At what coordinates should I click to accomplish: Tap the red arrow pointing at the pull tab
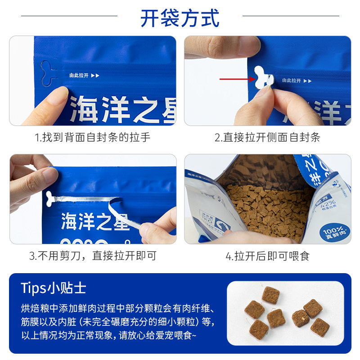237,79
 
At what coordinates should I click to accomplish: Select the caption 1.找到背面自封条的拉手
93,137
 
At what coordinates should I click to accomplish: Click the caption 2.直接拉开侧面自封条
267,137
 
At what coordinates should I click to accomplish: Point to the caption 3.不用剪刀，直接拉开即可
93,256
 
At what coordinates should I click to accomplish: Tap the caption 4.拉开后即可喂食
267,256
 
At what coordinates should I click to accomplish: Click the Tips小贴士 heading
53,288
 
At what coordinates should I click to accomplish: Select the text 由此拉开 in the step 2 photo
291,81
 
